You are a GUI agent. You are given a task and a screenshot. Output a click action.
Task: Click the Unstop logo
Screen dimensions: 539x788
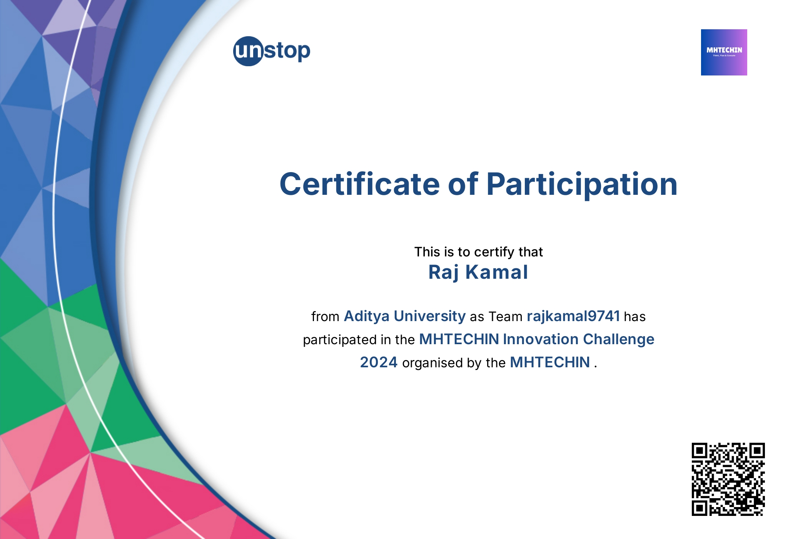point(272,51)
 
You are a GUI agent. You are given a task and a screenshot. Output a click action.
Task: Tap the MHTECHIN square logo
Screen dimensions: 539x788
point(724,52)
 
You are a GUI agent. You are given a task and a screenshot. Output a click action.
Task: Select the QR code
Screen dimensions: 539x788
point(728,479)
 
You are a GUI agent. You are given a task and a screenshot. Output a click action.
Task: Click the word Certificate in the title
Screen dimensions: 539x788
point(359,184)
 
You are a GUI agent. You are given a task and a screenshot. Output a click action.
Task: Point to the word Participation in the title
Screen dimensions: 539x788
point(581,184)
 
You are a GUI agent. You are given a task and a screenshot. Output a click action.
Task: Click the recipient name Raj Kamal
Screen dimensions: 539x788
point(478,272)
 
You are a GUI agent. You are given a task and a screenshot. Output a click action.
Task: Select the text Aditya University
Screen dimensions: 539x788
point(404,316)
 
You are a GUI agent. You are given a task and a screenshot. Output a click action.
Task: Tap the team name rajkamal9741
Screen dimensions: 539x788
point(573,316)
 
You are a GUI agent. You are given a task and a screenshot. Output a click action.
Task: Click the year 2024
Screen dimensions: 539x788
point(379,362)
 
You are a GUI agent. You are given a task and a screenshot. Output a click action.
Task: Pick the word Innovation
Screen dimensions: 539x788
point(541,339)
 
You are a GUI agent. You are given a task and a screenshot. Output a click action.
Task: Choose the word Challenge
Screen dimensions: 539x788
point(618,339)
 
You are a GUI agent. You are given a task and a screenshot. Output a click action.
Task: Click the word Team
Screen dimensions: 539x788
point(506,316)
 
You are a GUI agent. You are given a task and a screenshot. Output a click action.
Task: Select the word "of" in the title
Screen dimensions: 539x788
point(463,184)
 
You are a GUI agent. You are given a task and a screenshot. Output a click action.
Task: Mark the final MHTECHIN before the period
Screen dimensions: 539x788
point(550,362)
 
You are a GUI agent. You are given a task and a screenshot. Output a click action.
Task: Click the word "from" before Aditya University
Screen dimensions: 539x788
point(325,316)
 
